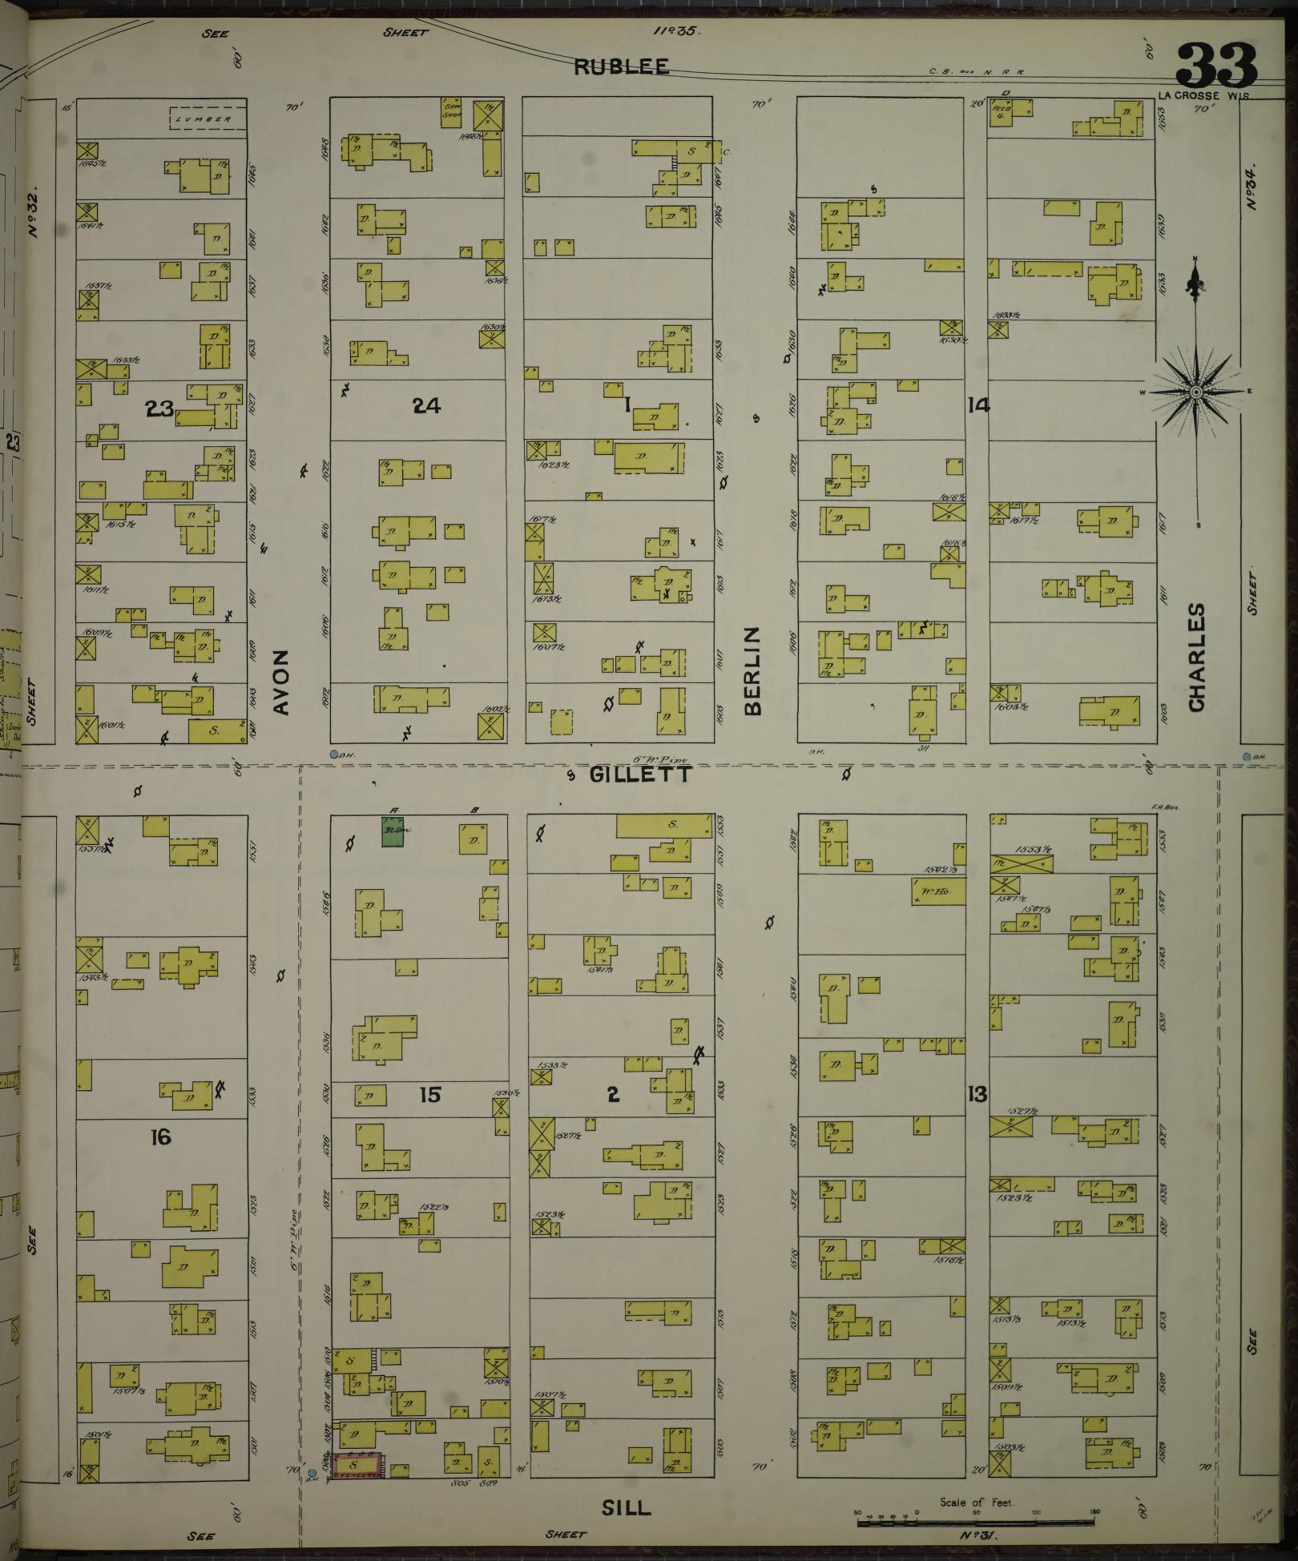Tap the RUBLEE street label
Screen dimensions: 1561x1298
click(622, 67)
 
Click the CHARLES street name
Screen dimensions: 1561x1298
click(1197, 657)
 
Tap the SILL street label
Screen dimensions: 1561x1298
click(626, 1507)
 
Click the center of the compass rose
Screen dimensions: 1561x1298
click(1195, 392)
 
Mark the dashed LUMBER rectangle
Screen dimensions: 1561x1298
click(206, 119)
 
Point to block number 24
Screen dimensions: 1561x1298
click(426, 406)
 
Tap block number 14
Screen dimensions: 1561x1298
click(978, 405)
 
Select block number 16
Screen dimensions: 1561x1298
click(161, 1137)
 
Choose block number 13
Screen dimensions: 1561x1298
click(978, 1094)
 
